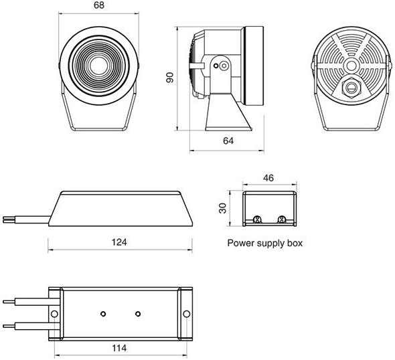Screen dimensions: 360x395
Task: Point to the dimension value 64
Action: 228,141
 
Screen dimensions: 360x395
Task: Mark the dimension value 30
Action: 226,207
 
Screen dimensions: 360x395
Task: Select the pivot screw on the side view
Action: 222,66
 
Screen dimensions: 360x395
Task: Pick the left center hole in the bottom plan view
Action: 102,314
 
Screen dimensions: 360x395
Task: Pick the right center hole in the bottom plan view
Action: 137,314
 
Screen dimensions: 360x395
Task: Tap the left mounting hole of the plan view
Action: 54,314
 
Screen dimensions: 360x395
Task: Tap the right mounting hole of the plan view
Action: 185,314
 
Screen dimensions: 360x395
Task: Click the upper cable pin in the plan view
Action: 20,301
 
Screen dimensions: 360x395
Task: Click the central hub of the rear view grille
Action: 350,66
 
